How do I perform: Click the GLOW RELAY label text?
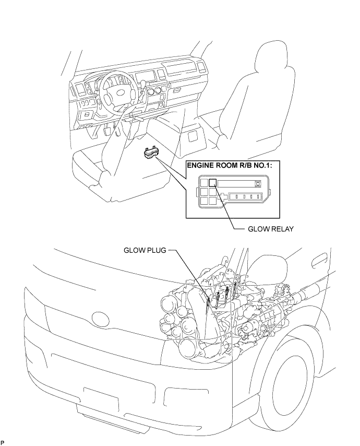270,229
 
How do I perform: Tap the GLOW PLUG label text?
145,250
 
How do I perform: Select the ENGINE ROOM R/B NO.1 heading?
229,165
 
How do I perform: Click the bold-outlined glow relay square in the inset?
212,183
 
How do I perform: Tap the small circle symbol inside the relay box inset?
258,184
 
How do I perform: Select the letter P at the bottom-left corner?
3,442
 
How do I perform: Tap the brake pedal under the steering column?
107,131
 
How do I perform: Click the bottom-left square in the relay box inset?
203,201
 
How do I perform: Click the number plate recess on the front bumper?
101,396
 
